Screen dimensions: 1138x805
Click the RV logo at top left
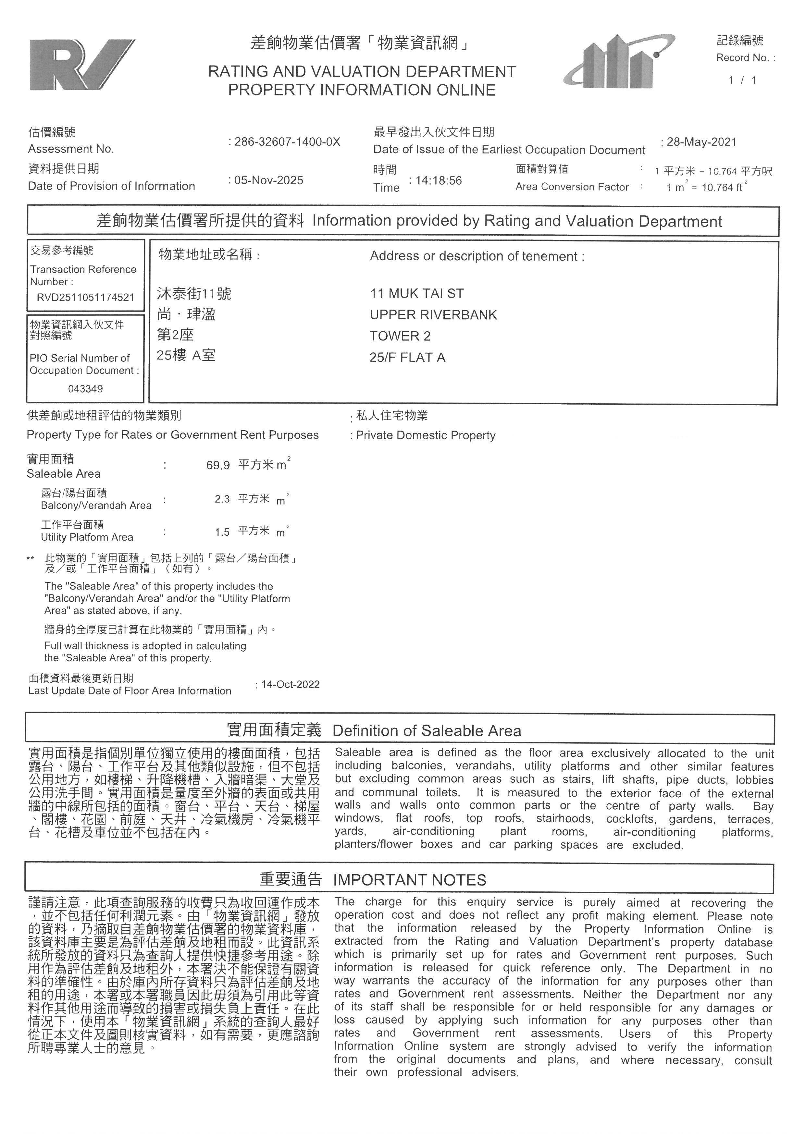pyautogui.click(x=82, y=65)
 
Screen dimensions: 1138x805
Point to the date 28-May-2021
pyautogui.click(x=701, y=142)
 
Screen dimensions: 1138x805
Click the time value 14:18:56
pyautogui.click(x=438, y=180)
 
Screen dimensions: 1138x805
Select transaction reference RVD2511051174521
pyautogui.click(x=85, y=297)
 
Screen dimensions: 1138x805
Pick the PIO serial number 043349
pyautogui.click(x=85, y=389)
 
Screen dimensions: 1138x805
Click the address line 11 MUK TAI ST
pyautogui.click(x=416, y=293)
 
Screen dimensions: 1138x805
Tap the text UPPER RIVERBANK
pyautogui.click(x=433, y=315)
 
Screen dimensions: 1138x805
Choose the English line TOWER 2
pyautogui.click(x=400, y=336)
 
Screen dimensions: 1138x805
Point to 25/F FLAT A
pyautogui.click(x=407, y=357)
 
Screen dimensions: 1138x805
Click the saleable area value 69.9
pyautogui.click(x=218, y=465)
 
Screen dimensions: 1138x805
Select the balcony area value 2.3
pyautogui.click(x=222, y=499)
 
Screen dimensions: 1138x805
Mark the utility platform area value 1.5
pyautogui.click(x=222, y=532)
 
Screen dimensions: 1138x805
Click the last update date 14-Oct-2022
pyautogui.click(x=291, y=684)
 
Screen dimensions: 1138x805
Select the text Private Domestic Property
pyautogui.click(x=425, y=435)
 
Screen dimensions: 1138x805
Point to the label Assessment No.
pyautogui.click(x=71, y=149)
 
